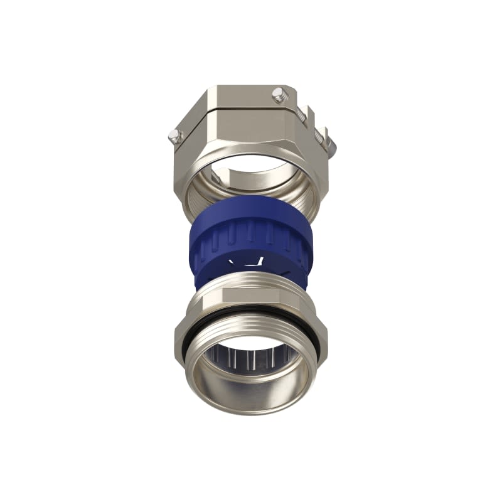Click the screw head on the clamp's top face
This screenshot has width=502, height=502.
278,95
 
